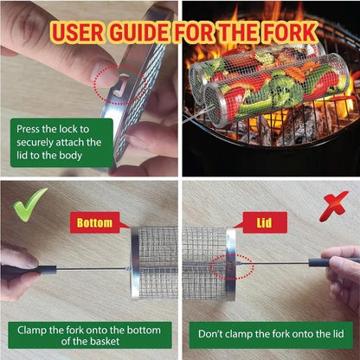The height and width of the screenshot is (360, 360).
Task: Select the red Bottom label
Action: click(x=95, y=222)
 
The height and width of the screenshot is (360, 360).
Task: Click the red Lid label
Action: click(x=264, y=222)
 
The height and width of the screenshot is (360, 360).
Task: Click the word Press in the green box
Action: click(x=29, y=129)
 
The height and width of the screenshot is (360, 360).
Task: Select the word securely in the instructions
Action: click(x=35, y=143)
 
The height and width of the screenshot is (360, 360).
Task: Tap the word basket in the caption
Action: click(x=104, y=342)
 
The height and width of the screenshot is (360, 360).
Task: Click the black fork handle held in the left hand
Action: click(x=29, y=271)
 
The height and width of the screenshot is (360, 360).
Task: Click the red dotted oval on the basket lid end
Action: click(x=232, y=267)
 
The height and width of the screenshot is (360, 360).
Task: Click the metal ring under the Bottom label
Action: click(x=135, y=263)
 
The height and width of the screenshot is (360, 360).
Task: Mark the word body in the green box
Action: click(x=70, y=156)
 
